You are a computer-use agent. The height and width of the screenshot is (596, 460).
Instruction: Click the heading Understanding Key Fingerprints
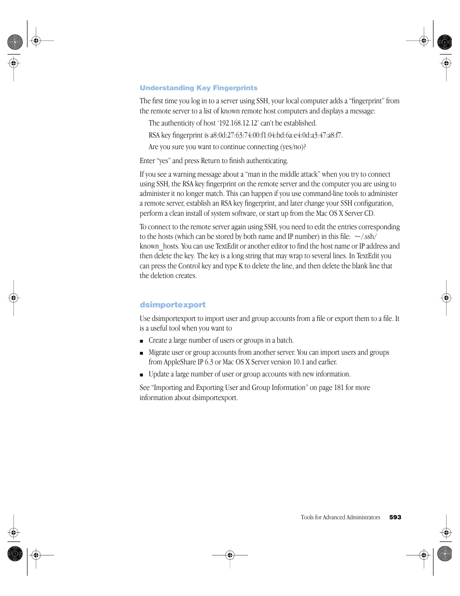[198, 88]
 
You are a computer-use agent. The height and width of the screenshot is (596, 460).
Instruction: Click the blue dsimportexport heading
[172, 305]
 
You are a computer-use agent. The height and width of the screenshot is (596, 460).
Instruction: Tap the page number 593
[395, 517]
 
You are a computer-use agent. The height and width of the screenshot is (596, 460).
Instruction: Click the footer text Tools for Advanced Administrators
[340, 517]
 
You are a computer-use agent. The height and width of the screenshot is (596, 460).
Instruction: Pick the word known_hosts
[159, 246]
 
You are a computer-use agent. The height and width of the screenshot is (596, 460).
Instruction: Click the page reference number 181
[338, 388]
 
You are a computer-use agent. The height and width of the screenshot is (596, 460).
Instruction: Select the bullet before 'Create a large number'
[141, 341]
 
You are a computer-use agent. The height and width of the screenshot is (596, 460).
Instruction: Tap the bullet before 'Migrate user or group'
[141, 353]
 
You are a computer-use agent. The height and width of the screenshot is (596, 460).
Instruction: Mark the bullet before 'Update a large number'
[141, 374]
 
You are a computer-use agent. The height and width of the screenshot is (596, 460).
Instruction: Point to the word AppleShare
[179, 362]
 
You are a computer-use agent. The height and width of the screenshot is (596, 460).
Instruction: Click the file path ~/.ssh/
[365, 236]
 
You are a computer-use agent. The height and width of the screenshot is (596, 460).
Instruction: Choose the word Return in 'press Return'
[210, 161]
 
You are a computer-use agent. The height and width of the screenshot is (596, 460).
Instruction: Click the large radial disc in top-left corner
[15, 42]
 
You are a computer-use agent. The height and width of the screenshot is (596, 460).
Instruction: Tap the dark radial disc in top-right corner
[445, 42]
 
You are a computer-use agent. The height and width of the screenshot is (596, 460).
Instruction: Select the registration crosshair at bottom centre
[230, 555]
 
